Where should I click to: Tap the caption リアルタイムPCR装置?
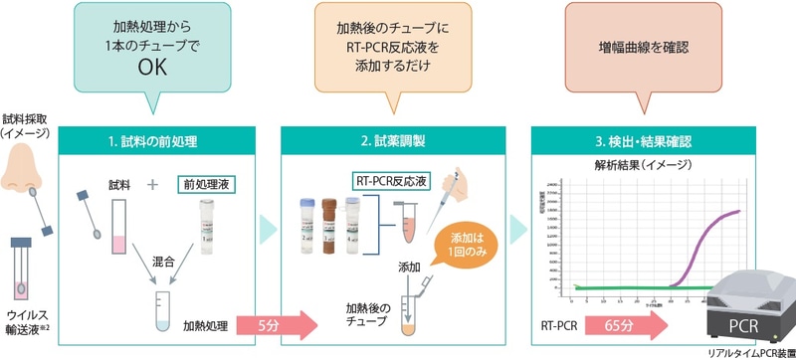pyautogui.click(x=751, y=352)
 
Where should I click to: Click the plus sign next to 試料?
pyautogui.click(x=152, y=185)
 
